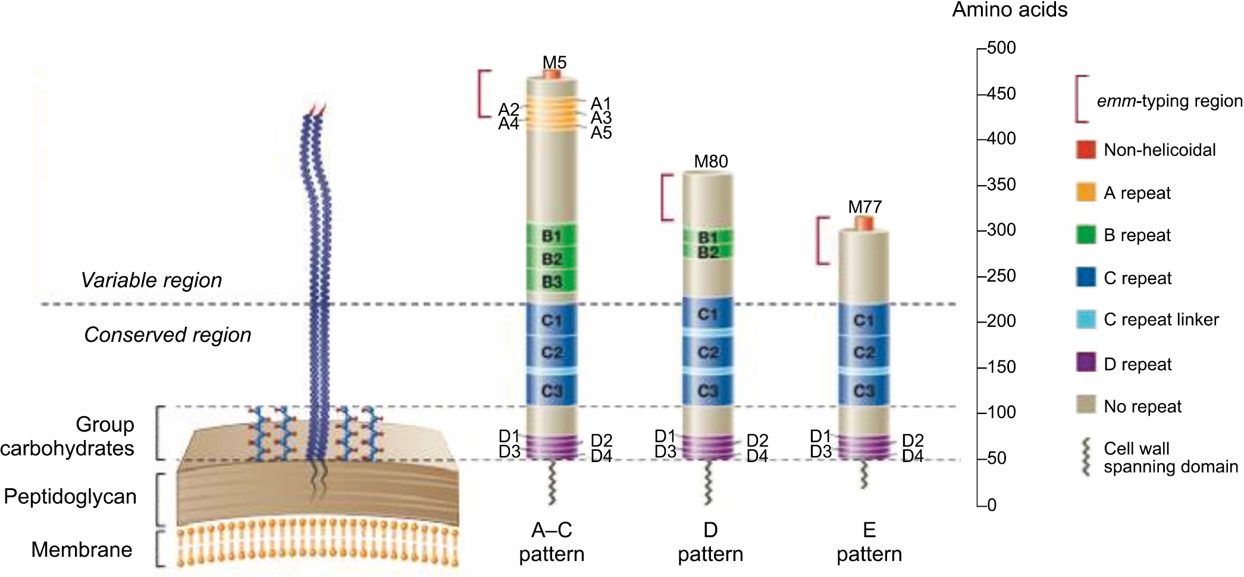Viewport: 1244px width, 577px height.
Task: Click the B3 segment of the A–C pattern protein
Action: (552, 282)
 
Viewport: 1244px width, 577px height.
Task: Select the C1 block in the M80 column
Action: (707, 314)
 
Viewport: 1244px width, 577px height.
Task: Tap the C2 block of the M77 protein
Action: (864, 353)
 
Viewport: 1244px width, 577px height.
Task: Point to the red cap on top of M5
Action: (552, 75)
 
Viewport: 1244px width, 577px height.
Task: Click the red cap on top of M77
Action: (864, 223)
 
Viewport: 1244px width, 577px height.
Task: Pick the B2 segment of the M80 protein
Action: (707, 252)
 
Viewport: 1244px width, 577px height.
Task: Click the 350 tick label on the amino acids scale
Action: (1001, 185)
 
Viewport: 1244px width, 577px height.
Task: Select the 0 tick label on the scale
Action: (992, 505)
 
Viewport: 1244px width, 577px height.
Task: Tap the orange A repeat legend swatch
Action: (1086, 192)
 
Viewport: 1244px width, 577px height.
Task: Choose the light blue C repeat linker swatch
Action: (1086, 319)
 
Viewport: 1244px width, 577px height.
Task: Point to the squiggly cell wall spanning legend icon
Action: (1086, 457)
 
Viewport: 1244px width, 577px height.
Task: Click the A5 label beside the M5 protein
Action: (601, 133)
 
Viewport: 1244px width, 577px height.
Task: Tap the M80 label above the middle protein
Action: (711, 161)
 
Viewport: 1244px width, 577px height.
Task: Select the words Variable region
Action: (151, 280)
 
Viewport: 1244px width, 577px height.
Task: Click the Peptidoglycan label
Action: (70, 496)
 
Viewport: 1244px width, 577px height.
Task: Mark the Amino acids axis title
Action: (1010, 10)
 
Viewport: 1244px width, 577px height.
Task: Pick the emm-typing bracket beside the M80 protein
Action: (666, 197)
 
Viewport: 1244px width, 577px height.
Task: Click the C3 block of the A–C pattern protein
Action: (552, 391)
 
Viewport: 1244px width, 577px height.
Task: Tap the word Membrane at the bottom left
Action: (82, 549)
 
